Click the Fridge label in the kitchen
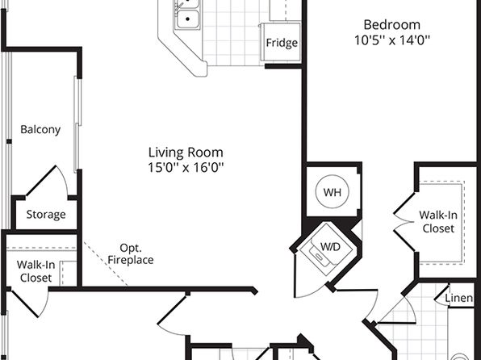click(282, 43)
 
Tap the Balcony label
click(40, 129)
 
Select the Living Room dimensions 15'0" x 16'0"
click(186, 167)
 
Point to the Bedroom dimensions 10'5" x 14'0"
click(391, 40)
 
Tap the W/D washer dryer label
click(330, 246)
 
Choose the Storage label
click(46, 214)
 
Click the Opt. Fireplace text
click(131, 253)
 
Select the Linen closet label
click(459, 298)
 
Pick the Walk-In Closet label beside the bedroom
click(438, 222)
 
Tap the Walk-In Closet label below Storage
click(36, 271)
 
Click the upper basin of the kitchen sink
click(187, 3)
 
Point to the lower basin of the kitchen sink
click(187, 19)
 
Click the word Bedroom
click(391, 25)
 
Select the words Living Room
click(186, 153)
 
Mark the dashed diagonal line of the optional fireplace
click(106, 264)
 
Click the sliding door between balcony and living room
click(77, 124)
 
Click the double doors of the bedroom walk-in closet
click(404, 221)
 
